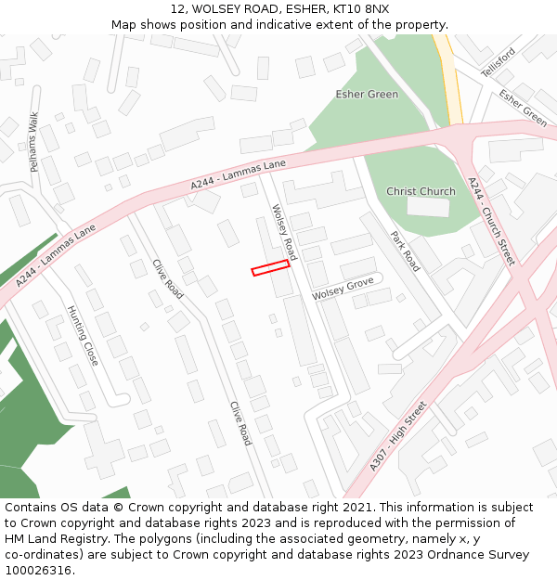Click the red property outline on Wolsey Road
[x=270, y=267]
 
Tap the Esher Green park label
[x=367, y=95]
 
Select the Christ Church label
[x=421, y=191]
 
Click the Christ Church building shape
[x=428, y=207]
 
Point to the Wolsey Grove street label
[x=343, y=289]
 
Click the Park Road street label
[x=406, y=251]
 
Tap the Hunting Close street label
[x=83, y=335]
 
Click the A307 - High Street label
[x=397, y=436]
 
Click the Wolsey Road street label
[x=283, y=232]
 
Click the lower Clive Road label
[x=240, y=423]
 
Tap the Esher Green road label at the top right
[x=523, y=108]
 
